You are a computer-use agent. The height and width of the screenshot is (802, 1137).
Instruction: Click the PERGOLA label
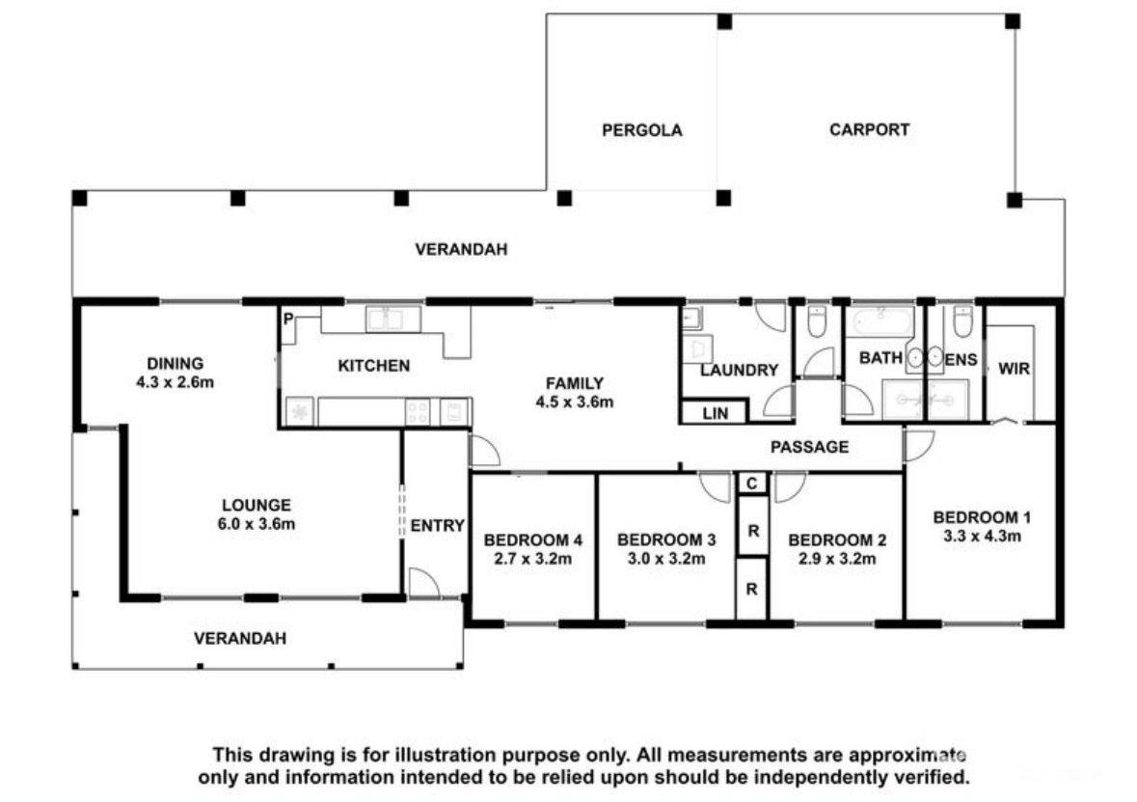click(x=641, y=130)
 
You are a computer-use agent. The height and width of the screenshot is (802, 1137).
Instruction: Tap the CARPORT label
click(x=869, y=130)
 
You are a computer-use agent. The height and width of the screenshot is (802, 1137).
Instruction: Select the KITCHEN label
click(x=374, y=366)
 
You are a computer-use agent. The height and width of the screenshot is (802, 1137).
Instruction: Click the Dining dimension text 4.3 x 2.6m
click(x=176, y=382)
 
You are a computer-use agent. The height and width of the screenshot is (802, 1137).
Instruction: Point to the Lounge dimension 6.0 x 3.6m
click(x=257, y=524)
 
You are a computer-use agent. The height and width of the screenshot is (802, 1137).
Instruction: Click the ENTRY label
click(x=437, y=525)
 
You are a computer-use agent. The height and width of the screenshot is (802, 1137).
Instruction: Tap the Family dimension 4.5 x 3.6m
click(x=575, y=401)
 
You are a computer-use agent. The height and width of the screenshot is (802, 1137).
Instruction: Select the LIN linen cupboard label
click(x=715, y=414)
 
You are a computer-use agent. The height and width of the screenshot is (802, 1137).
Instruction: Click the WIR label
click(x=1014, y=369)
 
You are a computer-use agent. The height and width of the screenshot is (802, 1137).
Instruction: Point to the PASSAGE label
click(x=809, y=447)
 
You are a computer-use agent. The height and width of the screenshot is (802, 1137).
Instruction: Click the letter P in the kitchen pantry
click(x=288, y=318)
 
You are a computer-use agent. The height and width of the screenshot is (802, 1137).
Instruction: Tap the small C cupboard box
click(x=752, y=483)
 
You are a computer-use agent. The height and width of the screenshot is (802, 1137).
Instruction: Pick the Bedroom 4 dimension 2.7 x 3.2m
click(x=533, y=559)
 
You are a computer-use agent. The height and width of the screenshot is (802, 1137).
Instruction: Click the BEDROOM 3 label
click(x=666, y=540)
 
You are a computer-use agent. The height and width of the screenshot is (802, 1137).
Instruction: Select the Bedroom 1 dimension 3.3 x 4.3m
click(x=983, y=537)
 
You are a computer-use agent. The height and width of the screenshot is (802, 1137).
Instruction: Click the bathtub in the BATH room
click(x=881, y=321)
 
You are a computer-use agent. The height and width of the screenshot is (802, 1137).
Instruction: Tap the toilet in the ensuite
click(x=962, y=322)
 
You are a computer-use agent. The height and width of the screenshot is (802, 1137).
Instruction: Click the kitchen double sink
click(x=393, y=319)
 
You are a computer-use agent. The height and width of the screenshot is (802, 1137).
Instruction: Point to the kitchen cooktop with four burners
click(x=419, y=411)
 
